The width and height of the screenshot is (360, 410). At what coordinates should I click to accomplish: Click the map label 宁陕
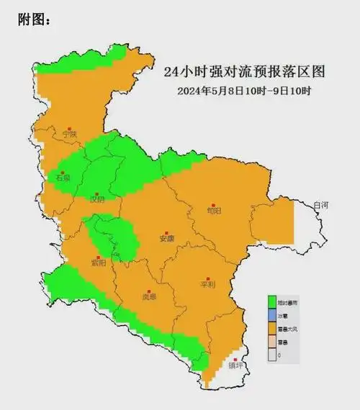point(69,134)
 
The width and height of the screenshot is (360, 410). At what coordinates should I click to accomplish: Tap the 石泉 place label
point(63,177)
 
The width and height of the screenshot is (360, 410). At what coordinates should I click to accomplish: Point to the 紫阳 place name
point(98,263)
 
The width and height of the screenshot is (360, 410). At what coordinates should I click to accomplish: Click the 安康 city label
point(167,238)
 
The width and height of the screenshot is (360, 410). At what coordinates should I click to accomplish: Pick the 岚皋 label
point(149,296)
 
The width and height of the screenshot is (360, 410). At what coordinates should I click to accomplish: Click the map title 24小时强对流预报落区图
point(245,73)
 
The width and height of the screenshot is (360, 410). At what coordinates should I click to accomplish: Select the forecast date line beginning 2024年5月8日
point(244,91)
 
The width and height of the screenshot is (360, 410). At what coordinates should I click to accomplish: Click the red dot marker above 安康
point(167,229)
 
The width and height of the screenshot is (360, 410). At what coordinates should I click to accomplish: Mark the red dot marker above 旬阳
point(212,202)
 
